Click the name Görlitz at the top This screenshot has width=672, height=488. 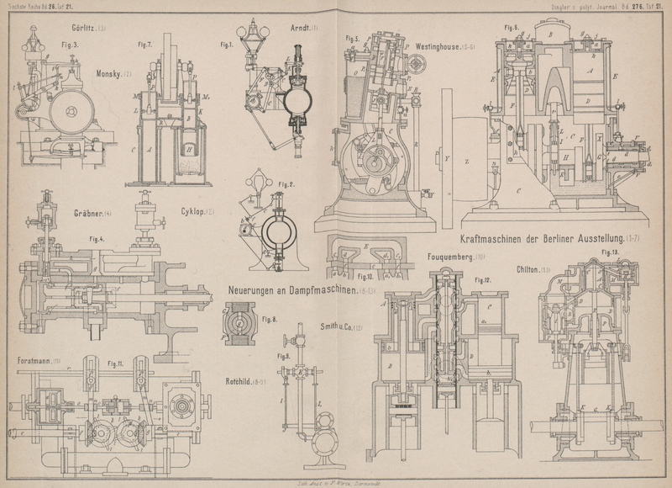pos(85,28)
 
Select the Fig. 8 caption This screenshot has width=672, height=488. pos(269,319)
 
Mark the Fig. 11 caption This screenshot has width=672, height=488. pos(115,363)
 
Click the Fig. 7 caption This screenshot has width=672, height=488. pos(144,45)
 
